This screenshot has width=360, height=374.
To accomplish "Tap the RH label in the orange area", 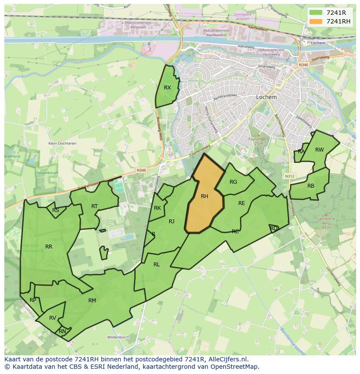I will (x=204, y=196).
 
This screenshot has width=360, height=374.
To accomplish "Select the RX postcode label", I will (x=167, y=88).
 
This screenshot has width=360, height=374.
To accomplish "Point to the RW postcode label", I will (x=320, y=150).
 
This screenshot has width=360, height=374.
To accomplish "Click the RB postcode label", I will (x=311, y=186).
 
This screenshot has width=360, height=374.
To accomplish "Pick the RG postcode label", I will (x=233, y=182).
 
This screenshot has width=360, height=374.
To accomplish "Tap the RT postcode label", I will (x=94, y=206).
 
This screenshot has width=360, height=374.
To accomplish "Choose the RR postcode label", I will (x=49, y=247).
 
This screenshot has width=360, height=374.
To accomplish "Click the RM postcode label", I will (x=92, y=300).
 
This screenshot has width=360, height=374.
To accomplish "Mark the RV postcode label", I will (x=53, y=318).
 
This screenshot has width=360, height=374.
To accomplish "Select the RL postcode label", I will (x=157, y=264).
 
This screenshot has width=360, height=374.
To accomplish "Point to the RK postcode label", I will (x=157, y=208).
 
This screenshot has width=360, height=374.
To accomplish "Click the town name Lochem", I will (x=267, y=97).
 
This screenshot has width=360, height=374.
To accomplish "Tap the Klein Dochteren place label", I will (x=62, y=143).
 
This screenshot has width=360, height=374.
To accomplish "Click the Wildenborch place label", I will (x=118, y=337).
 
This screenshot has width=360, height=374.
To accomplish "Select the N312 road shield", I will (x=290, y=176).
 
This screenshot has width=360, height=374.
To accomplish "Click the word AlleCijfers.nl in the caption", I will (x=227, y=359).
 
